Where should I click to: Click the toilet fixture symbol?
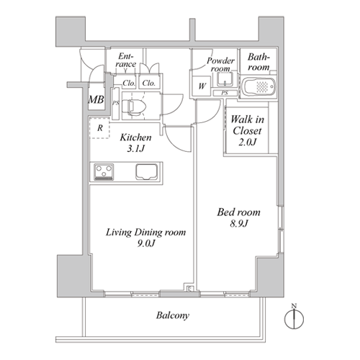[x=134, y=106]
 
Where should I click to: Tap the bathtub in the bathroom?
[x=258, y=86]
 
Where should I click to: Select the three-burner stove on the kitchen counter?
[x=104, y=171]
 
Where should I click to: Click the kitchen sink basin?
[x=146, y=171]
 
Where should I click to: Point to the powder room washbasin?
[x=225, y=79]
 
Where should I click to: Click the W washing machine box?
[x=202, y=86]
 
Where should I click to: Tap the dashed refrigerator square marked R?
[x=100, y=128]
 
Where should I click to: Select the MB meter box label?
[x=96, y=99]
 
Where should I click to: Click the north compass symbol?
[x=294, y=317]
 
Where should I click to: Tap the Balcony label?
[x=173, y=315]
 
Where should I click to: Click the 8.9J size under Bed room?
[x=239, y=224]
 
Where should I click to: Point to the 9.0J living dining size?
[x=146, y=243]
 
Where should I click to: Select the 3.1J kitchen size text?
[x=135, y=149]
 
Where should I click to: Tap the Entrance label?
[x=126, y=60]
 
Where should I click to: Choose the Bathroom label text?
[x=258, y=62]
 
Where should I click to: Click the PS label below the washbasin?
[x=225, y=93]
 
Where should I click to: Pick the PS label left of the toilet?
[x=116, y=103]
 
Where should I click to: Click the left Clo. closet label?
[x=129, y=84]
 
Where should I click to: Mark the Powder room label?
[x=220, y=65]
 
